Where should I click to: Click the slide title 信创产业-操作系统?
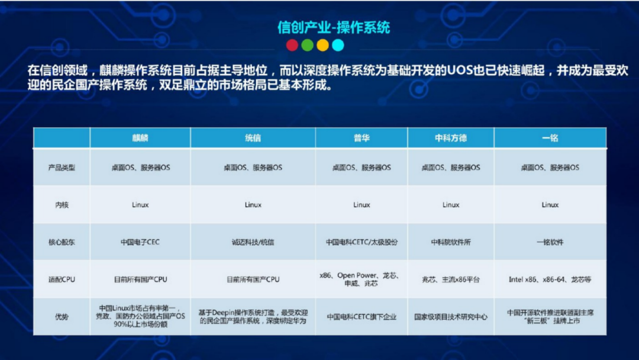click(334, 27)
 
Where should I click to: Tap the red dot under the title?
click(292, 45)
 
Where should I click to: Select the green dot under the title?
click(307, 45)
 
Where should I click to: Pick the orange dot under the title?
click(322, 45)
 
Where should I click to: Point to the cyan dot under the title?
click(338, 45)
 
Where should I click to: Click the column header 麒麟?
click(140, 138)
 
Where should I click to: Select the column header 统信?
click(253, 138)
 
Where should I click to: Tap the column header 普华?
click(362, 138)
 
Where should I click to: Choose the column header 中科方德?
click(451, 138)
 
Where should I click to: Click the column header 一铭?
click(550, 138)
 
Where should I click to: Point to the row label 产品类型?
click(62, 168)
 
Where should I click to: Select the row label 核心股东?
click(62, 242)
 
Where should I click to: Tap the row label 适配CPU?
click(62, 279)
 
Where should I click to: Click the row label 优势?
click(62, 317)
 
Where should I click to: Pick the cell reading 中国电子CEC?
click(140, 242)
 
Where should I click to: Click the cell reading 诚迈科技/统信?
click(253, 242)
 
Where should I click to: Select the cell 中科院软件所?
click(451, 242)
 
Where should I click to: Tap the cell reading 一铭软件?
click(550, 242)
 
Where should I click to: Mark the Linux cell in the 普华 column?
click(362, 205)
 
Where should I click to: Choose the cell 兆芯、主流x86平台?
click(451, 279)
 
